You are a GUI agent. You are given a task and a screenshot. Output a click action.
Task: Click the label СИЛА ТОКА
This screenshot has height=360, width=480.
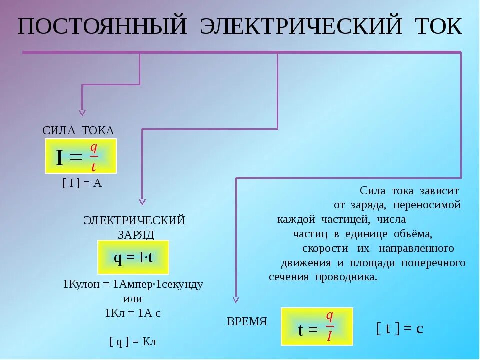[x=78, y=130]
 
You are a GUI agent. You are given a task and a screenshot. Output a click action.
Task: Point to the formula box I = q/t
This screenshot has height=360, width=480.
[x=81, y=156]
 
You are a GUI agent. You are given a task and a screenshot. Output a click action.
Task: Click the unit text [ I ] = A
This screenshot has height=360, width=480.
[x=82, y=183]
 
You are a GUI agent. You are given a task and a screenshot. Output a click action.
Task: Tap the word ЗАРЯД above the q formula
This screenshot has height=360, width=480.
[x=136, y=234]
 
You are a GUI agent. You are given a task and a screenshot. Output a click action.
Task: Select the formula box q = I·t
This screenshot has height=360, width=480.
[x=133, y=257]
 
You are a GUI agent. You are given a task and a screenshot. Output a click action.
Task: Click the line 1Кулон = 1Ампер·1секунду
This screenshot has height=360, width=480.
[x=133, y=285]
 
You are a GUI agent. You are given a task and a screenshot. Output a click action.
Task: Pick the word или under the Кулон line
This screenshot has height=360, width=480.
[x=133, y=299]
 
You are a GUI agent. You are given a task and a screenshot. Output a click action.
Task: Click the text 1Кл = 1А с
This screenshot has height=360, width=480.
[x=133, y=313]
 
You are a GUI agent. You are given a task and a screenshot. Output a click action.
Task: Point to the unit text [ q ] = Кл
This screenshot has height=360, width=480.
[x=133, y=342]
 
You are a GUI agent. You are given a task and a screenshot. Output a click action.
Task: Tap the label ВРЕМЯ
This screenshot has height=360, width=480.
[x=247, y=322]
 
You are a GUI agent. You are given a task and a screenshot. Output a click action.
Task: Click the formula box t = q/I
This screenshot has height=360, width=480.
[x=317, y=327]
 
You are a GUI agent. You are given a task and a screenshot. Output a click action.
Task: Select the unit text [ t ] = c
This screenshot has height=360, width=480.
[x=400, y=328]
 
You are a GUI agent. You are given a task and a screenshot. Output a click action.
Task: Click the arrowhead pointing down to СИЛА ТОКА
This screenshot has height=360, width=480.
[x=82, y=113]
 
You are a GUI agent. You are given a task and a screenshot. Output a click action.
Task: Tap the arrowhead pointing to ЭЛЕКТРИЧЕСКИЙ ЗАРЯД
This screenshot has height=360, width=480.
[x=142, y=202]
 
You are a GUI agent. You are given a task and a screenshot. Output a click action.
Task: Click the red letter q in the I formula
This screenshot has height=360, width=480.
[x=93, y=147]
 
